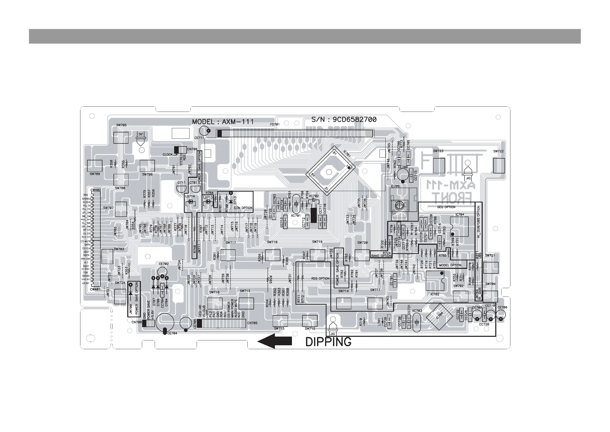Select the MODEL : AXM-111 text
point(223,122)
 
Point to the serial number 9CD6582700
point(354,120)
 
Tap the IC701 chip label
point(347,154)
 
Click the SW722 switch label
point(498,151)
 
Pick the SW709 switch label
point(95,174)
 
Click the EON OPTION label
point(243,208)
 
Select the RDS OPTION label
point(320,278)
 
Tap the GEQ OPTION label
point(446,207)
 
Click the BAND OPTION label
point(381,256)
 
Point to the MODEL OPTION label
point(450,265)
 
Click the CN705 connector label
point(252,323)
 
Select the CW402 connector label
point(96,190)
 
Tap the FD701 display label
point(275,124)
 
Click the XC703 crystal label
point(417,311)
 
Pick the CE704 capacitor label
point(172,333)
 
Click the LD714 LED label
point(190,196)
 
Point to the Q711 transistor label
point(181,183)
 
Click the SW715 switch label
point(279,328)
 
